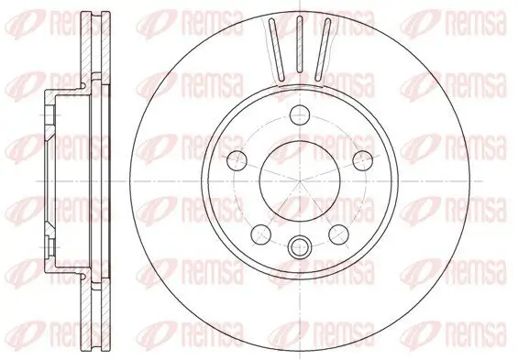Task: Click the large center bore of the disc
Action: pyautogui.click(x=299, y=180)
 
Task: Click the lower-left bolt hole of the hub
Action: pyautogui.click(x=260, y=232)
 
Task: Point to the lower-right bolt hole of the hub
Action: pyautogui.click(x=337, y=232)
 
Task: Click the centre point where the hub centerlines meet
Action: pyautogui.click(x=299, y=180)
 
